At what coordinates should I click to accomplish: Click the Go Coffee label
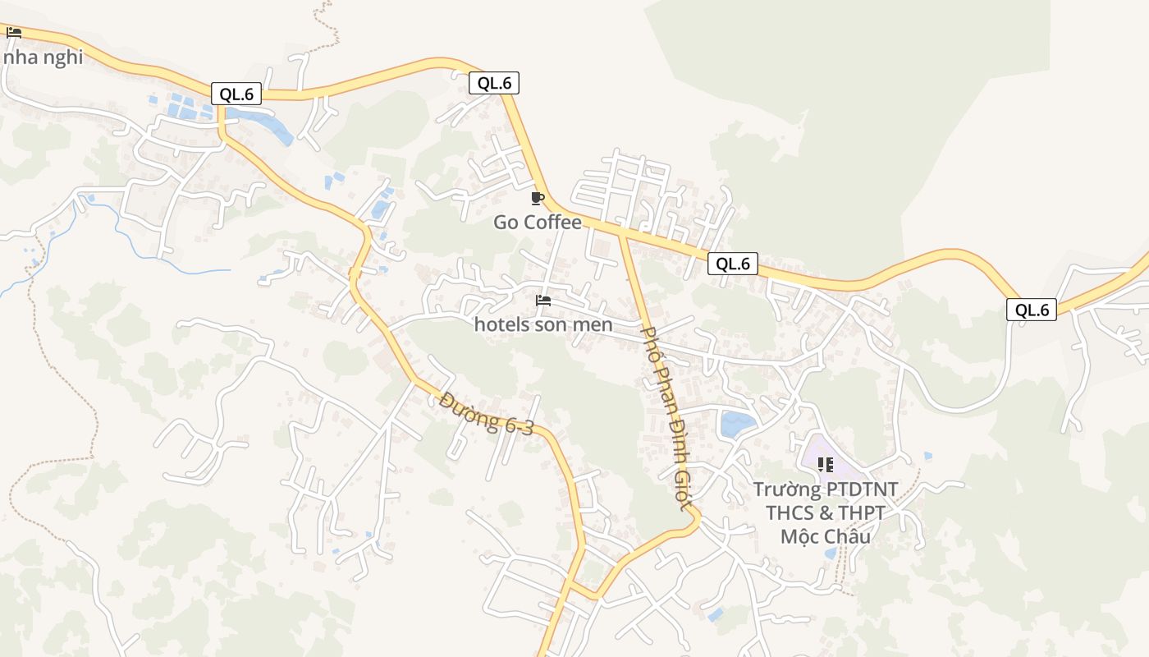[x=537, y=223]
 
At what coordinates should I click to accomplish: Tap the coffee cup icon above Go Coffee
[x=538, y=198]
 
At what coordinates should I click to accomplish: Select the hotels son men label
[x=543, y=324]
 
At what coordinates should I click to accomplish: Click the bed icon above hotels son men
[x=542, y=301]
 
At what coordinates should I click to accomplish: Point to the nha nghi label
[x=43, y=57]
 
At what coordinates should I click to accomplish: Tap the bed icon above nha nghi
[x=14, y=33]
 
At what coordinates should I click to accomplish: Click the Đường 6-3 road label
[x=486, y=414]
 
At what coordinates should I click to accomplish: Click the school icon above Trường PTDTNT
[x=825, y=465]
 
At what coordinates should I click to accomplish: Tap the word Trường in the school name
[x=787, y=489]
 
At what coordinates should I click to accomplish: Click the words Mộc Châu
[x=825, y=537]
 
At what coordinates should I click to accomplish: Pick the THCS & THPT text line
[x=825, y=513]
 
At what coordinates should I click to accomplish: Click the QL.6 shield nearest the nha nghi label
[x=236, y=94]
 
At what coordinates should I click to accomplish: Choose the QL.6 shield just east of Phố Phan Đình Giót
[x=732, y=264]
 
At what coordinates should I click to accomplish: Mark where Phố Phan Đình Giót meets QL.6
[x=622, y=232]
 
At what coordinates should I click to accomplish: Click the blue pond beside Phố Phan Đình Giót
[x=736, y=425]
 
